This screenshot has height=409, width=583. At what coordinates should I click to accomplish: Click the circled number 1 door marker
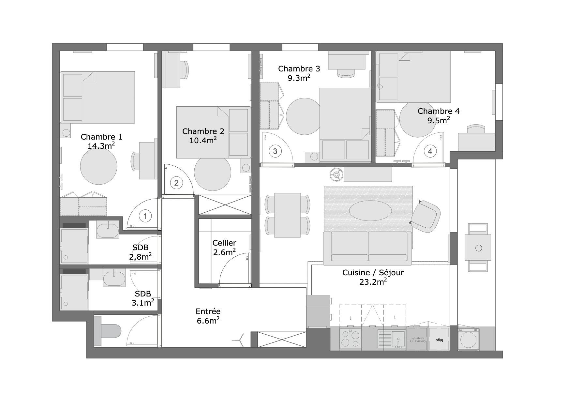(145, 216)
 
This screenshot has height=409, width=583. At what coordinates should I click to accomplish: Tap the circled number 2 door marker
(176, 183)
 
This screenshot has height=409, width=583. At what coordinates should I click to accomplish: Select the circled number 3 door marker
(275, 151)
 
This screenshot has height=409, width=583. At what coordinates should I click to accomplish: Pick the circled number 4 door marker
(430, 151)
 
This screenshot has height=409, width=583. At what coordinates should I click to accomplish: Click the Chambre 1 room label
(101, 137)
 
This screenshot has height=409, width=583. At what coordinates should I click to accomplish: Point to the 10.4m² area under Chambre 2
(203, 140)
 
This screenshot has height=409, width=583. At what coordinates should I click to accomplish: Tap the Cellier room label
(224, 243)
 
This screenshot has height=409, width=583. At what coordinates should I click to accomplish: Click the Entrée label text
(208, 311)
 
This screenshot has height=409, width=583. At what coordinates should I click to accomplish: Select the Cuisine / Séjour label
(373, 273)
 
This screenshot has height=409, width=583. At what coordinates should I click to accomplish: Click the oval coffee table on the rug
(370, 211)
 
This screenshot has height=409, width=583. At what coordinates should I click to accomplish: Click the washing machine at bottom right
(469, 339)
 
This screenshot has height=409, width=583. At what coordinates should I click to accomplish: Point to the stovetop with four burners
(350, 339)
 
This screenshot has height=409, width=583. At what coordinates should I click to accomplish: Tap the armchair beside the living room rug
(426, 217)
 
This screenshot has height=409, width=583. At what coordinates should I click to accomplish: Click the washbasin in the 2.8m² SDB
(108, 230)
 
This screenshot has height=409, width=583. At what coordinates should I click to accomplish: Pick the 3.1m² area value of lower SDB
(143, 303)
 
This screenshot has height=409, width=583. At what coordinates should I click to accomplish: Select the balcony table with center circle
(478, 248)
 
